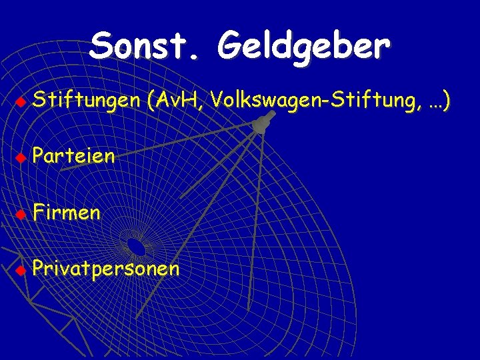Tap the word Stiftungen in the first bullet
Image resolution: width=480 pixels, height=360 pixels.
(x=87, y=101)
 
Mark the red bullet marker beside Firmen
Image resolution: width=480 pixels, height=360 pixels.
(x=21, y=214)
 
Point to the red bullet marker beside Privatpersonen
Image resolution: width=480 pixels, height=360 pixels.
(x=21, y=270)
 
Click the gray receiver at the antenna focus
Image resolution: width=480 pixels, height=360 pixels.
(x=261, y=123)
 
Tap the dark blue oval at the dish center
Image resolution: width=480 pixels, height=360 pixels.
(x=136, y=247)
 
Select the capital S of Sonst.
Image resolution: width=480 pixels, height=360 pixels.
(x=101, y=47)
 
